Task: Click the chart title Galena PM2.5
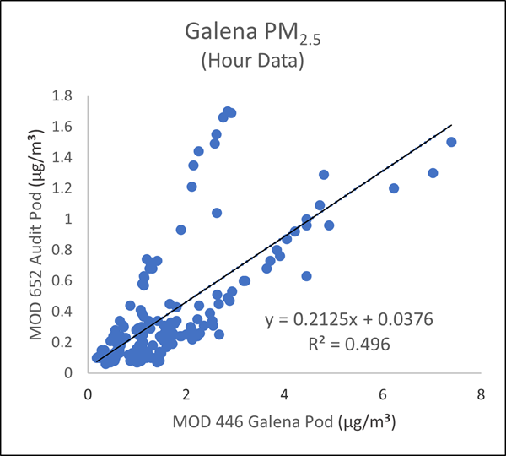pyautogui.click(x=252, y=36)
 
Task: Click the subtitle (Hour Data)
pyautogui.click(x=252, y=63)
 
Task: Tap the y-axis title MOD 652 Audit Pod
pyautogui.click(x=37, y=233)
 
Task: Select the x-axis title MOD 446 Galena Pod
pyautogui.click(x=284, y=420)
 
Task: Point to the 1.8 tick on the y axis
pyautogui.click(x=69, y=95)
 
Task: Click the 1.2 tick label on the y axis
pyautogui.click(x=69, y=187)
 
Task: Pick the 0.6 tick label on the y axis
pyautogui.click(x=69, y=280)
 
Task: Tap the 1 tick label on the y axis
pyautogui.click(x=75, y=219)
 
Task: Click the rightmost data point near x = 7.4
pyautogui.click(x=451, y=142)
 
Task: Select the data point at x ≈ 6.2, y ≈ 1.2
pyautogui.click(x=393, y=188)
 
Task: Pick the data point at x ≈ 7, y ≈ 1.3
pyautogui.click(x=433, y=173)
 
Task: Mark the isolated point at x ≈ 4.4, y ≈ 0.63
pyautogui.click(x=306, y=276)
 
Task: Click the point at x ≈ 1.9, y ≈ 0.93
pyautogui.click(x=180, y=230)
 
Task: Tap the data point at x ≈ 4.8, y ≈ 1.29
pyautogui.click(x=323, y=175)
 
